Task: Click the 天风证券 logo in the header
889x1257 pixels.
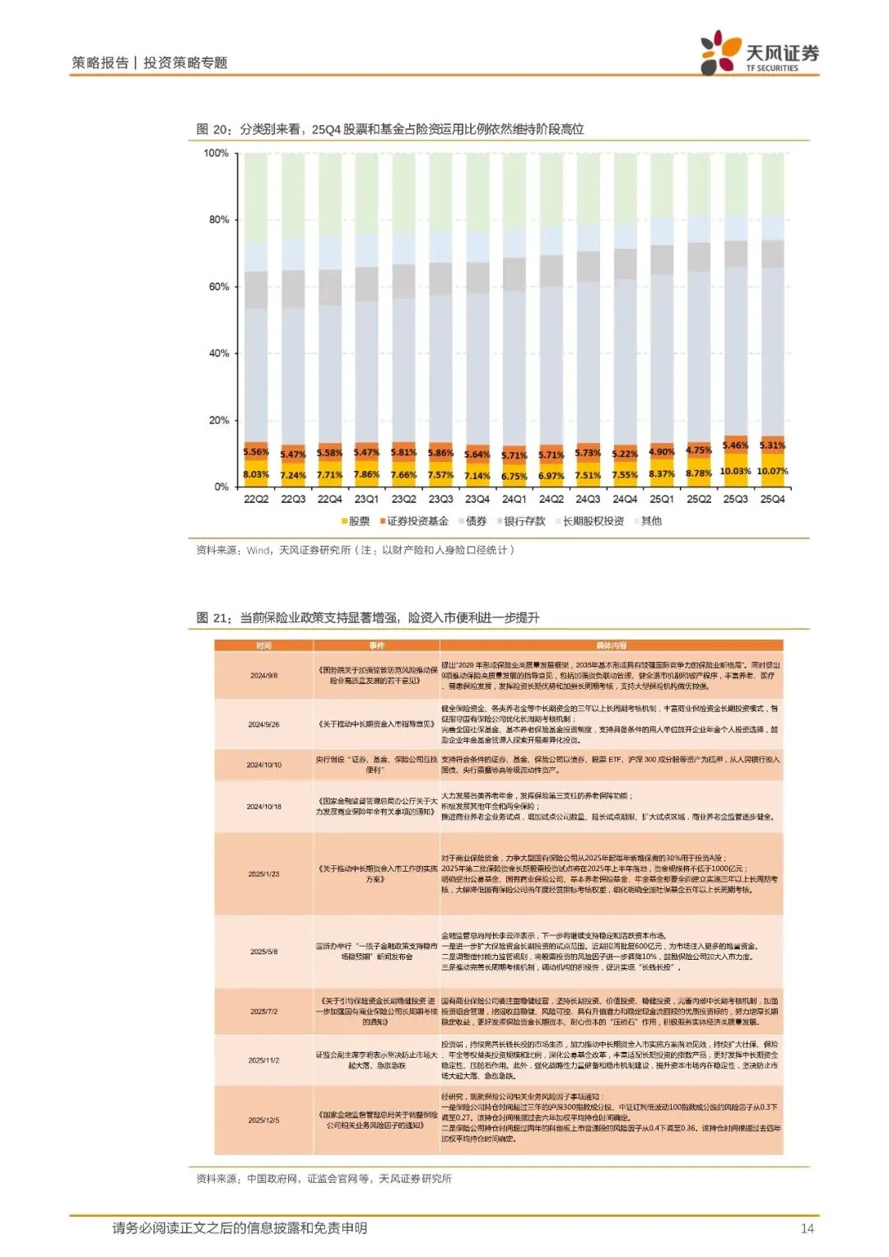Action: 759,54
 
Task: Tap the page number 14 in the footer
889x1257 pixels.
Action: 807,1228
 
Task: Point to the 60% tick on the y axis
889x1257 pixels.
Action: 218,286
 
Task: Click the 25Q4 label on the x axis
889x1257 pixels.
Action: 772,499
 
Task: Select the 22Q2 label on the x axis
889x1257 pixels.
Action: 256,499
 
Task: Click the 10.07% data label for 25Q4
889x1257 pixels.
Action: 772,472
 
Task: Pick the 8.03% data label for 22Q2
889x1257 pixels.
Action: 256,474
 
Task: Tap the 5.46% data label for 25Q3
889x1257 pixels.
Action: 735,445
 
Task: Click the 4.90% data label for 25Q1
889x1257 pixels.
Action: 662,451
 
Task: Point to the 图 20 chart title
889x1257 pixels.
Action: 390,129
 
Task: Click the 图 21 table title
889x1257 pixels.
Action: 368,617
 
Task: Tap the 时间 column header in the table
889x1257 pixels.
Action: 263,645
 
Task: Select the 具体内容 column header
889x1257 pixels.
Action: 611,645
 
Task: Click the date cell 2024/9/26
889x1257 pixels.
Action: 263,724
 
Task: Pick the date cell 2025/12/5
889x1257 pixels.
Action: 263,1120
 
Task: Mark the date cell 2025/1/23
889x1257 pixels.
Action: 263,874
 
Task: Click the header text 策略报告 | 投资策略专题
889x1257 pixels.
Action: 149,63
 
